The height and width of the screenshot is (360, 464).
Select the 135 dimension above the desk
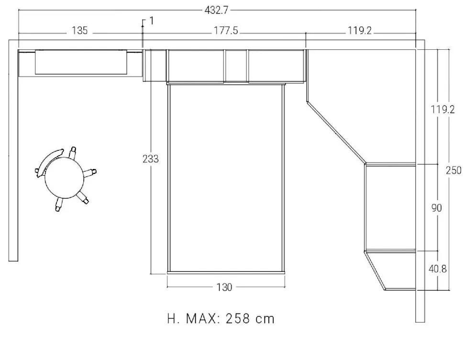point(80,31)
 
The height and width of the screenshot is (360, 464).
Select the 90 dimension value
point(436,208)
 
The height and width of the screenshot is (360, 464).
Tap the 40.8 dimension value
point(438,269)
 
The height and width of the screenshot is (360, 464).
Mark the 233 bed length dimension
point(151,159)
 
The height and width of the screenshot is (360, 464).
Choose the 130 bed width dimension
point(224,287)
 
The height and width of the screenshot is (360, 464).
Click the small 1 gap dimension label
point(152,21)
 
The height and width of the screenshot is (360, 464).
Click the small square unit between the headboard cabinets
point(236,65)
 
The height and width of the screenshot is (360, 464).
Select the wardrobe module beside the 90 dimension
point(390,207)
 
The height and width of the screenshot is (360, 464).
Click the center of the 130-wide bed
point(226,177)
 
